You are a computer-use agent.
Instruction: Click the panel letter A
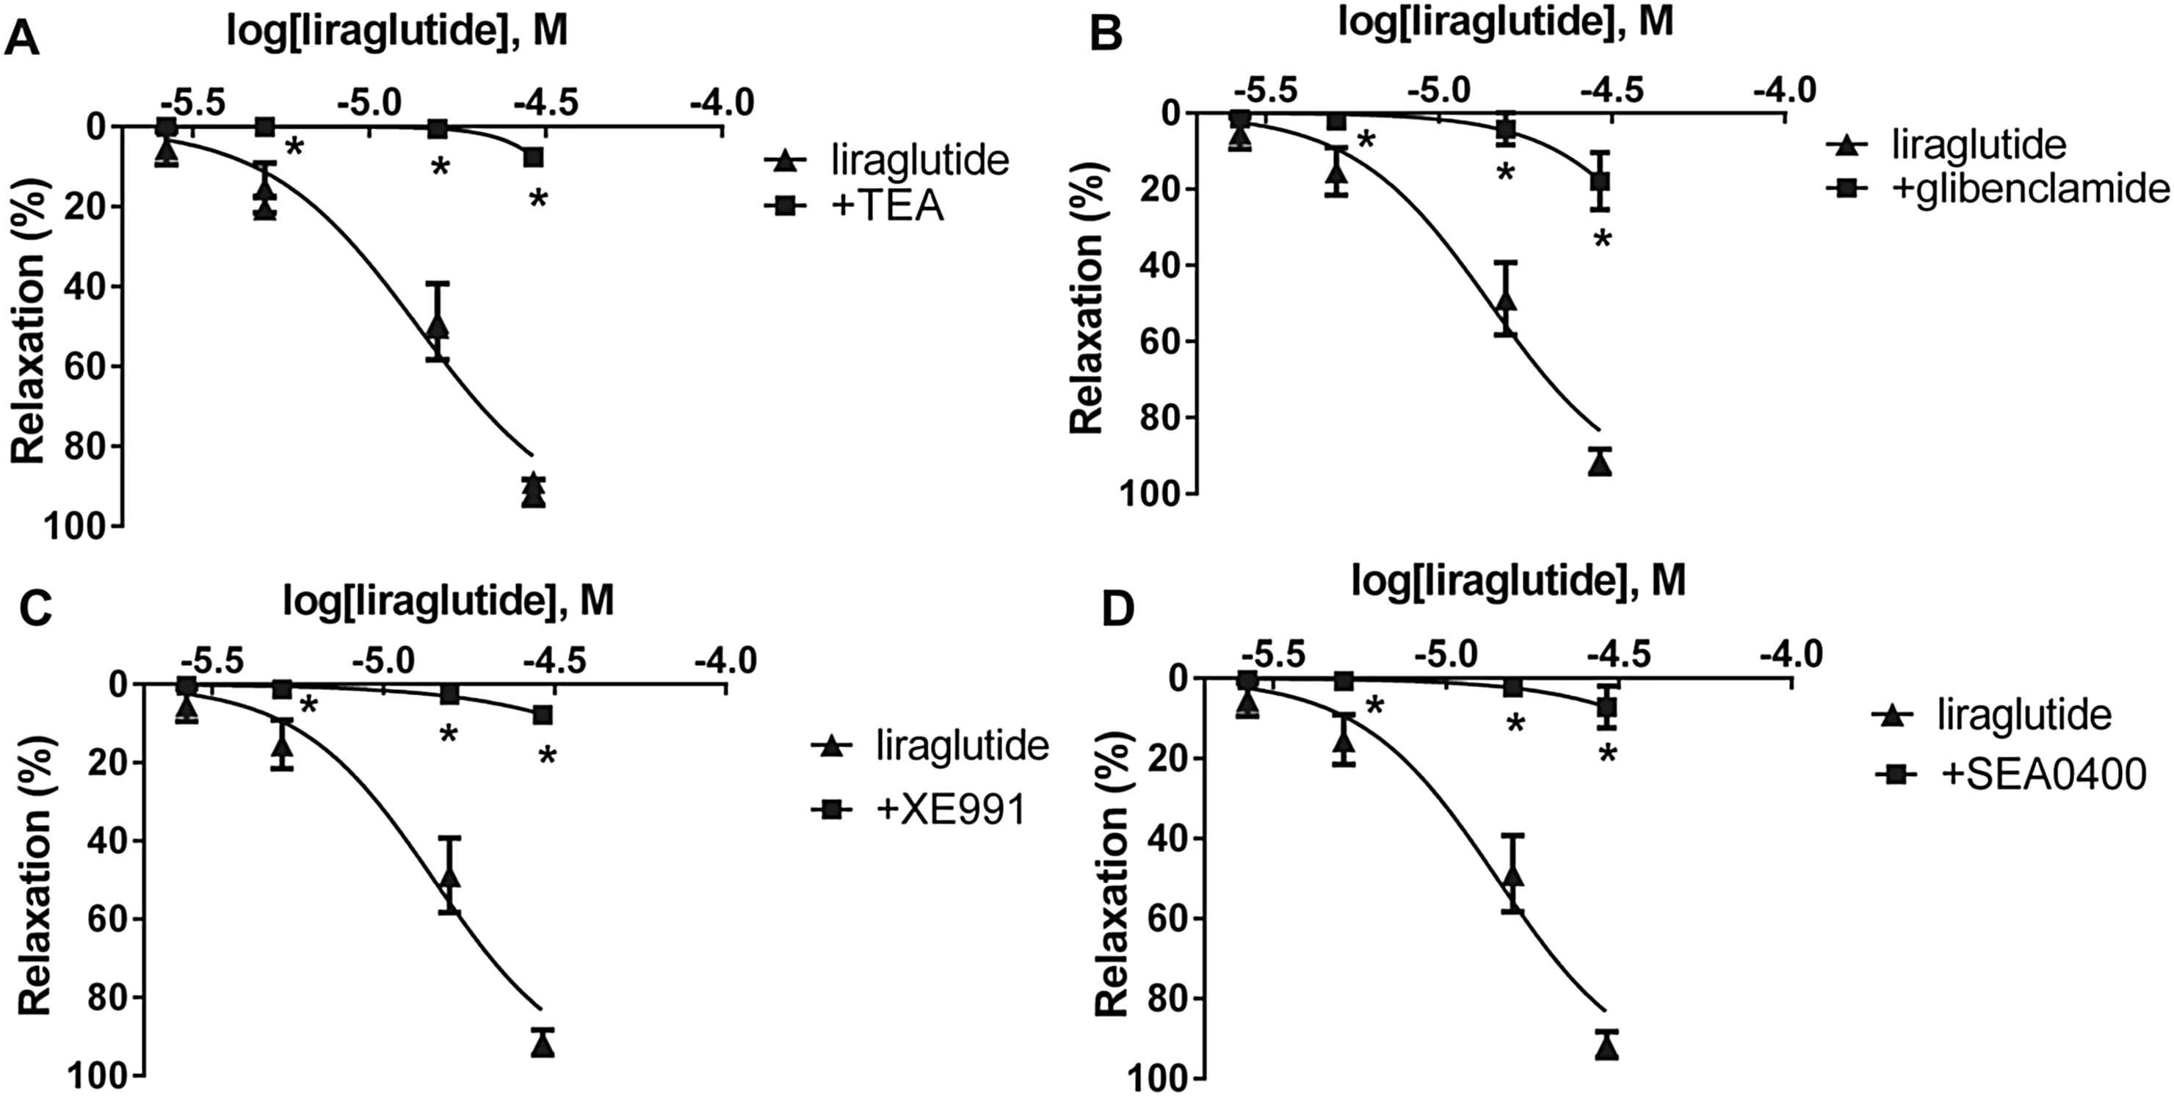22,39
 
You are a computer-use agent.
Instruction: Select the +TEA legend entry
887,208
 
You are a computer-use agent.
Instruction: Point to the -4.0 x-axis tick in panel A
722,103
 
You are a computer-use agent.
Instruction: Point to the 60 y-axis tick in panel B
1163,341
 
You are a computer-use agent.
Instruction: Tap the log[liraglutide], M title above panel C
448,600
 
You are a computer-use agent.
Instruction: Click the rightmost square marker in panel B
1599,181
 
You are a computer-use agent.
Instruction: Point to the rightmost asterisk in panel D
1607,753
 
